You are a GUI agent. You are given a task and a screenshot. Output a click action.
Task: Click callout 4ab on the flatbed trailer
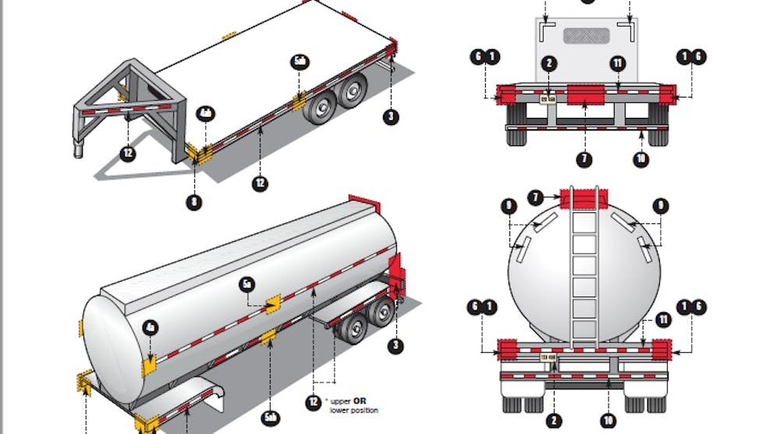pos(205,112)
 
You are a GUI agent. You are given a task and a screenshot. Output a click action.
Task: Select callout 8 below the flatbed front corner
pos(193,202)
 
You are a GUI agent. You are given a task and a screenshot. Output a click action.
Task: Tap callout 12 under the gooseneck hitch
pos(129,152)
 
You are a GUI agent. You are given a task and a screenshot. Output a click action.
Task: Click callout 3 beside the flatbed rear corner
pos(392,117)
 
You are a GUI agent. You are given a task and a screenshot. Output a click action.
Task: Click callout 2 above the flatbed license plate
pos(549,63)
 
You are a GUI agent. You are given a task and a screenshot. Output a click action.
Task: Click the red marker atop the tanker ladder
pos(585,198)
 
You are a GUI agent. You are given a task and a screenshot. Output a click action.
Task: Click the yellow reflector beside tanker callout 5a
pos(273,304)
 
